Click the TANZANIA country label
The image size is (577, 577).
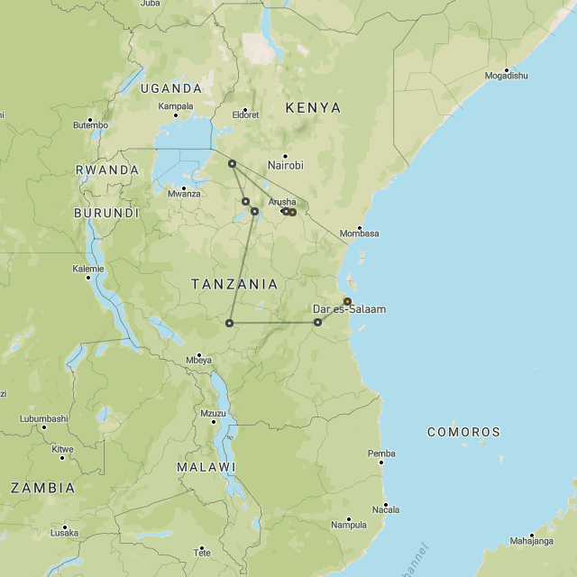[234, 284]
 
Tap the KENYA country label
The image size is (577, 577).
[313, 108]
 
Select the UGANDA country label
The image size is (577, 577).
[170, 88]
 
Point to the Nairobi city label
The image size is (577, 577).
[286, 165]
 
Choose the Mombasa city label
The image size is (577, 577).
[359, 234]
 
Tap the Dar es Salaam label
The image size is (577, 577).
[349, 309]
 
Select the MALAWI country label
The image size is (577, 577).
[206, 467]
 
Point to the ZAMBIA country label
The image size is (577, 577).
[42, 488]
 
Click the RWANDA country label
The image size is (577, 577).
[106, 169]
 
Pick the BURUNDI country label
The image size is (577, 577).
[106, 214]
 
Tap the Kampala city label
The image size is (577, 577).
[176, 105]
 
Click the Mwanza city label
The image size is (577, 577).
[184, 193]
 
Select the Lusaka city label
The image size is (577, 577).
[64, 533]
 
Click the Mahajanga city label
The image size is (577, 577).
[531, 541]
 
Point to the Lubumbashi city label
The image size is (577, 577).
[44, 418]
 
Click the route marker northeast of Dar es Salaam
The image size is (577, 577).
[347, 301]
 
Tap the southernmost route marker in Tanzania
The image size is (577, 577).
[230, 323]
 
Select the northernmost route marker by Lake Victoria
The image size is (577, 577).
[232, 163]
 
